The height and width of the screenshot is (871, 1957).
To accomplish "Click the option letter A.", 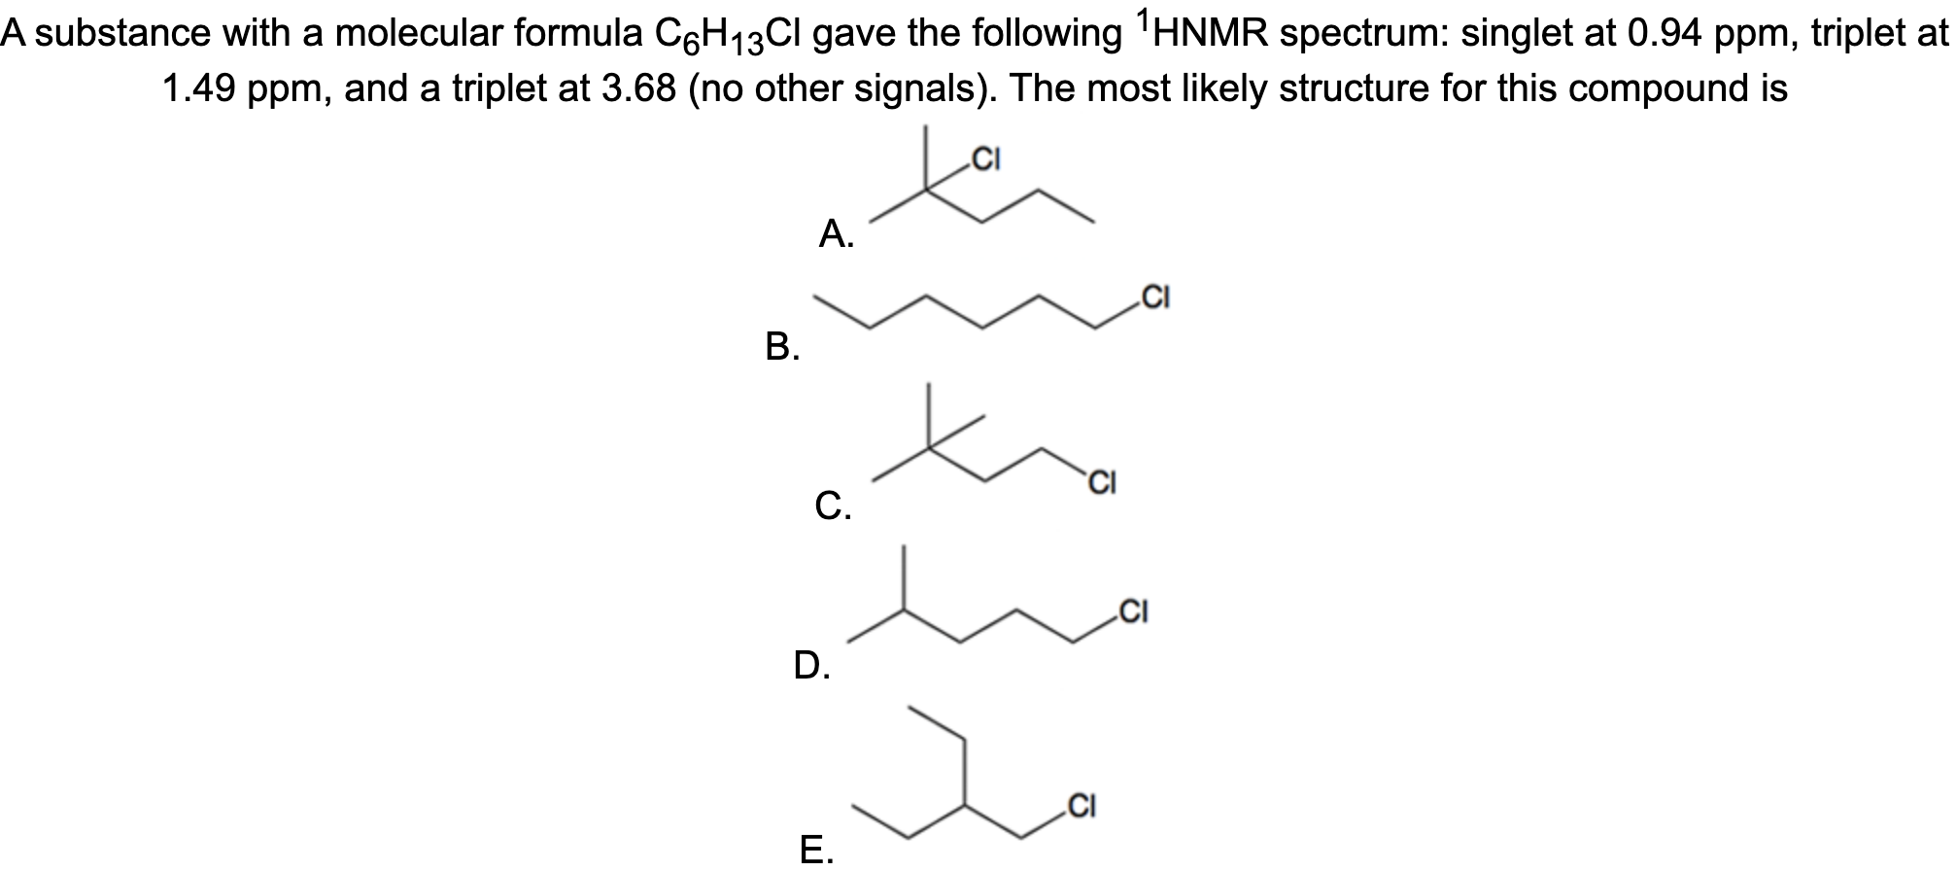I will (x=835, y=233).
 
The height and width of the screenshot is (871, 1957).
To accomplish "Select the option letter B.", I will (x=781, y=345).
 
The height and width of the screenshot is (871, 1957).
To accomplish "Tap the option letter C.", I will (x=832, y=505).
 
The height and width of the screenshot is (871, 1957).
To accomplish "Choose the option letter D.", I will (x=810, y=665).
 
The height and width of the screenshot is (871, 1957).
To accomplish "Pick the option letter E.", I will (x=814, y=849).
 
